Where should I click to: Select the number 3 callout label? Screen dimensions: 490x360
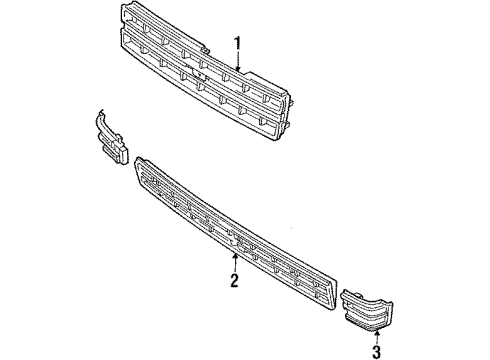378,352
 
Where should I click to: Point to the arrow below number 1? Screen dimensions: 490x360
237,62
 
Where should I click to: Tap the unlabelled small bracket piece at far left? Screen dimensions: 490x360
113,136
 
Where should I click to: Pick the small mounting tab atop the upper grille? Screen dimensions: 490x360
203,47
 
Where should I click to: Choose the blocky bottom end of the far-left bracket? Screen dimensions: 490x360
117,151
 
